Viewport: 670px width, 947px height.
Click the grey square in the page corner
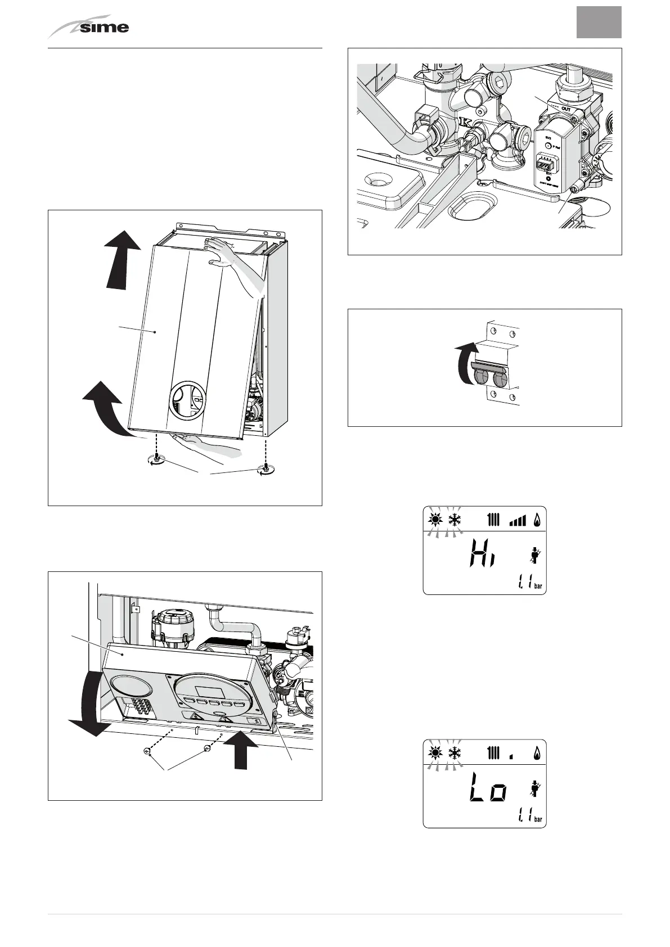point(599,22)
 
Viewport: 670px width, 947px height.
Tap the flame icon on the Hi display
point(537,520)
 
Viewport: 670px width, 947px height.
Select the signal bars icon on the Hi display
point(516,521)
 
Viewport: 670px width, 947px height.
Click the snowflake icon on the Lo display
point(453,752)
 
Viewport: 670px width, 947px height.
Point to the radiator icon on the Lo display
point(493,752)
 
